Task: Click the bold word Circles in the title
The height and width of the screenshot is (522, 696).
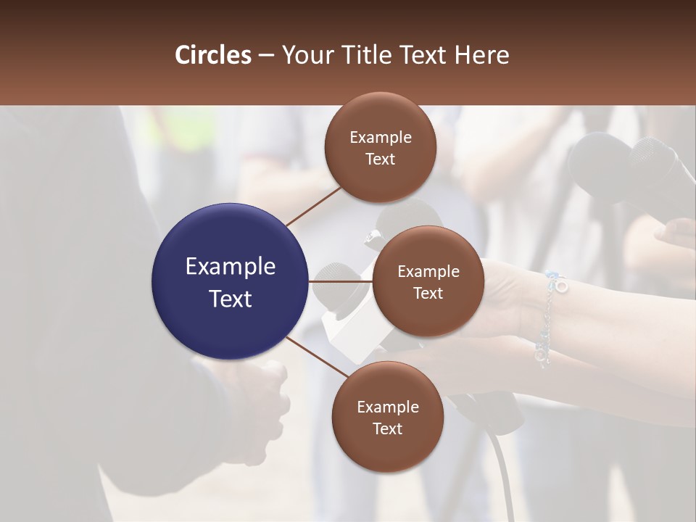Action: [213, 55]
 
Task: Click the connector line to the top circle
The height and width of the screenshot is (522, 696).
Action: [313, 206]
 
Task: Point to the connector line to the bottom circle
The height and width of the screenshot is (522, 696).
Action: [317, 357]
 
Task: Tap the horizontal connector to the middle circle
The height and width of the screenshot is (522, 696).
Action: [341, 281]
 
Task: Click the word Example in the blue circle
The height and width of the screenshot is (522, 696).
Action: [231, 267]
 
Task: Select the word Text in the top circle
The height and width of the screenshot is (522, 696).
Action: [380, 159]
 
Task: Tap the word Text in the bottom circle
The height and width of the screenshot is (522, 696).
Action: [387, 429]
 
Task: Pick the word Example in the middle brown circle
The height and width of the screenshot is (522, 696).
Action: [428, 272]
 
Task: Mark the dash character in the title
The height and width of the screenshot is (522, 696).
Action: [266, 56]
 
